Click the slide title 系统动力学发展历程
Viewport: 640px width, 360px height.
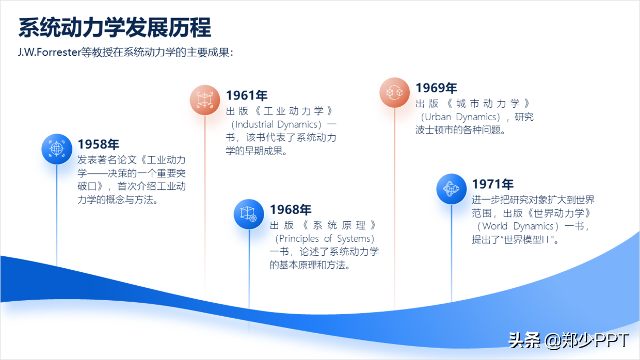tap(115, 28)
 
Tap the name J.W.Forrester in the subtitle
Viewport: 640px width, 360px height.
tap(50, 52)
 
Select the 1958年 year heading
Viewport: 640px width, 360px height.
tap(99, 144)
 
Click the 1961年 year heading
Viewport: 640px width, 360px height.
tap(247, 95)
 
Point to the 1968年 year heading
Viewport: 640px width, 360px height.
tap(291, 209)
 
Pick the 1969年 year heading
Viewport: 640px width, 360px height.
tap(436, 88)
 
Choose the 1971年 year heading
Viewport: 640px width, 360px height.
tap(493, 184)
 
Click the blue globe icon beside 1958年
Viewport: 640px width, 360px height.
tap(57, 149)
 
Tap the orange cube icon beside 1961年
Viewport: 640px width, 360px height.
tap(205, 100)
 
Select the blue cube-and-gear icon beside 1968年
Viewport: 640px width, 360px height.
tap(249, 214)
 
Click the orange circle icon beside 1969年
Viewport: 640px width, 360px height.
tap(394, 92)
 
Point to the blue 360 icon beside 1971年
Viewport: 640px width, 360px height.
tap(452, 189)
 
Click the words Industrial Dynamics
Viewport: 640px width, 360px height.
tap(276, 124)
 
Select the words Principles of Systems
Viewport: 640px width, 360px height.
tap(325, 238)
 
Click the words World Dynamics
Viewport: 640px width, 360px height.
tap(518, 226)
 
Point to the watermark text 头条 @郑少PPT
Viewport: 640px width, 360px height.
tap(569, 340)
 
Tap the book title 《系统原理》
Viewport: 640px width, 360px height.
tap(340, 225)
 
